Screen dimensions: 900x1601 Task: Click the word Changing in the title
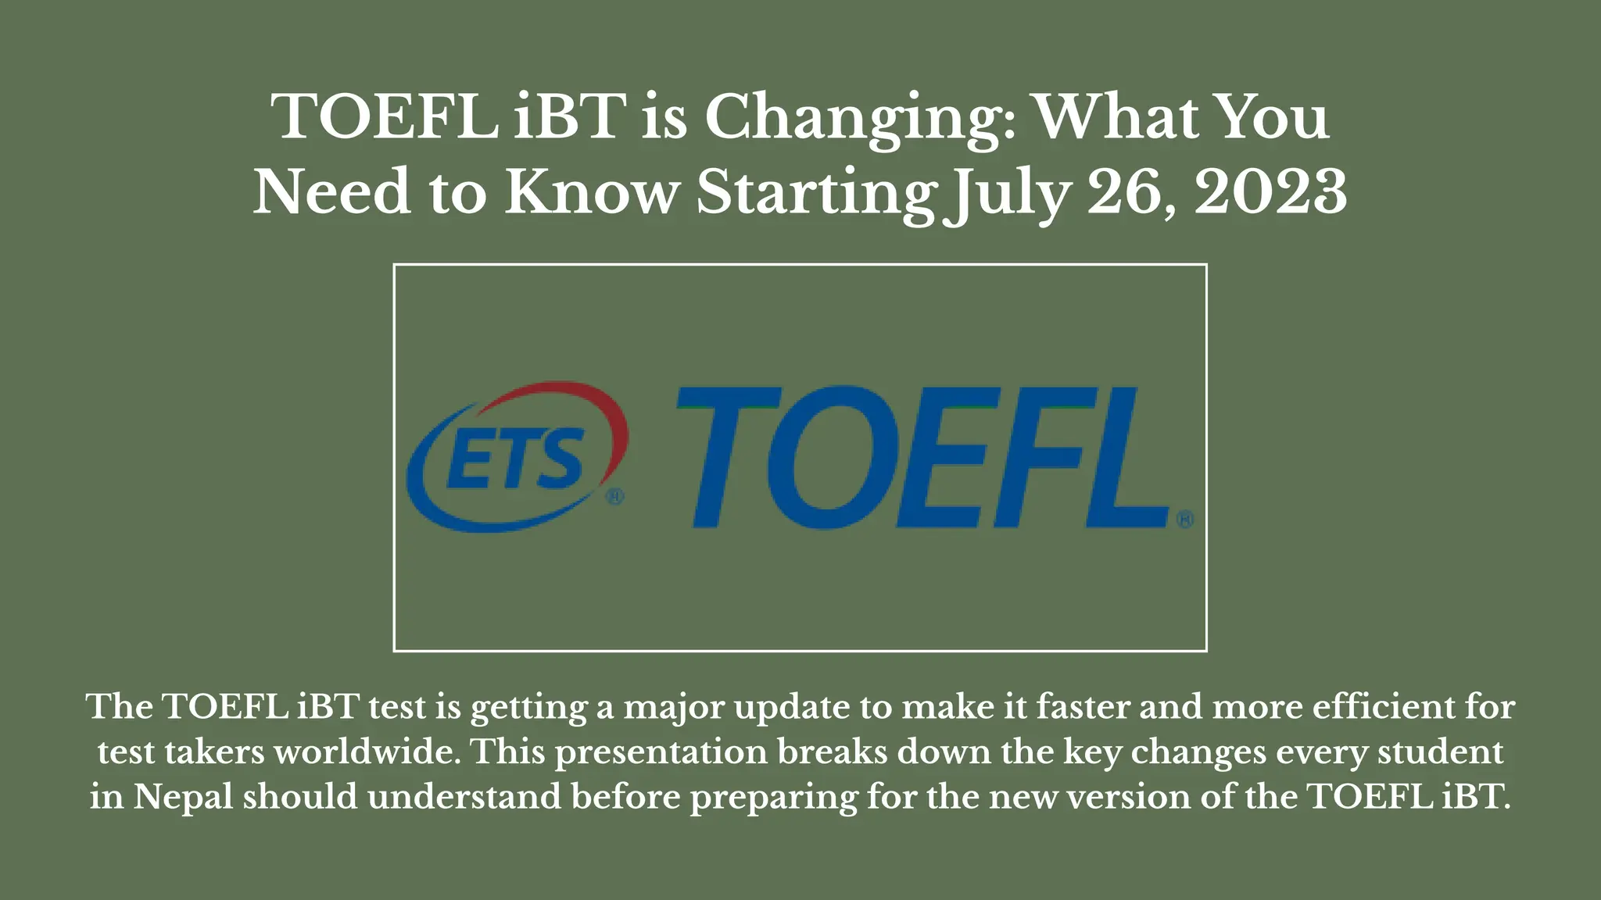pos(860,117)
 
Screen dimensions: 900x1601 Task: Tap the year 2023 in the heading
pos(1270,192)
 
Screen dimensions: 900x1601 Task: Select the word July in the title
pos(1005,194)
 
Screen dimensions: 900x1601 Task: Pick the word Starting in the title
pos(817,194)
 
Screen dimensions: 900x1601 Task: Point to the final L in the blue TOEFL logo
pos(1126,457)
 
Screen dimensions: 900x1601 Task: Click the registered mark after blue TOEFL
pos(1184,519)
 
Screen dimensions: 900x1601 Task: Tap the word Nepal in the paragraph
pos(183,797)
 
